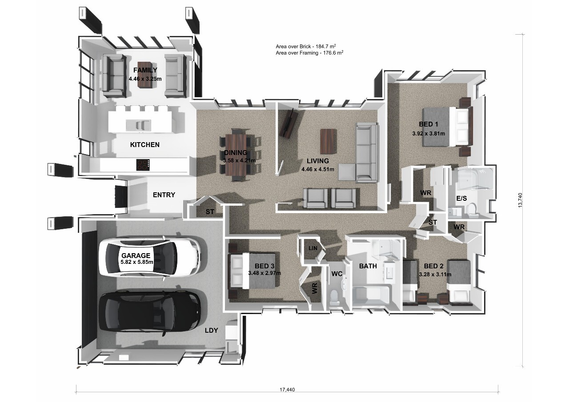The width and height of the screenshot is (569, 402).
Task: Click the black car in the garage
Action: (149, 312)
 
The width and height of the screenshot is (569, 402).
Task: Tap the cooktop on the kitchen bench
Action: (143, 165)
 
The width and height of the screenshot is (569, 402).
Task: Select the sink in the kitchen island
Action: (138, 125)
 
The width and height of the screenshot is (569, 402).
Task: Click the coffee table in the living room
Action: (329, 141)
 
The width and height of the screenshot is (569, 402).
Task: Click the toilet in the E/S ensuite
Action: (473, 211)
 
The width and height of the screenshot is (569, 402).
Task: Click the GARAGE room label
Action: (136, 255)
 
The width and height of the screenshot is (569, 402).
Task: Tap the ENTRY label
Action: (164, 195)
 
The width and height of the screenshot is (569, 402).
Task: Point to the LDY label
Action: (211, 330)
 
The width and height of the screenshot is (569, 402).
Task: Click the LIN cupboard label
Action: (313, 248)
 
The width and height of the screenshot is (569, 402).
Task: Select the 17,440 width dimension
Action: (287, 390)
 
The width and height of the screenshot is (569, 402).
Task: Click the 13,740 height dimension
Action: (520, 200)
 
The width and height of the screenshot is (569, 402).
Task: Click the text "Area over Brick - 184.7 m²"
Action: (306, 47)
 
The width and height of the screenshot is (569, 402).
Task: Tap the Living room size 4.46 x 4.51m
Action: (318, 169)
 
